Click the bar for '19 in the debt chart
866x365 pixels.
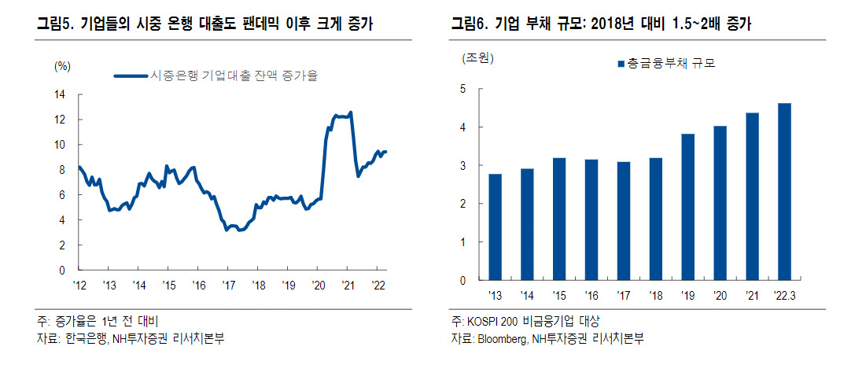click(687, 207)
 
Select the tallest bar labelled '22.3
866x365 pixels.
click(784, 192)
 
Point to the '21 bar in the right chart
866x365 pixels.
click(752, 197)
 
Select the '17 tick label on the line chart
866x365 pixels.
click(227, 285)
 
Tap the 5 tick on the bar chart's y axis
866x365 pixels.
click(462, 89)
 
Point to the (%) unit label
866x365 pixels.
click(61, 66)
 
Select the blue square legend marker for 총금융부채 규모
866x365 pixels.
click(621, 64)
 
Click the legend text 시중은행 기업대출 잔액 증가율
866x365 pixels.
click(234, 76)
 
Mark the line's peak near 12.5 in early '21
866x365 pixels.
click(352, 112)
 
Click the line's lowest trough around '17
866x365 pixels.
click(227, 230)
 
